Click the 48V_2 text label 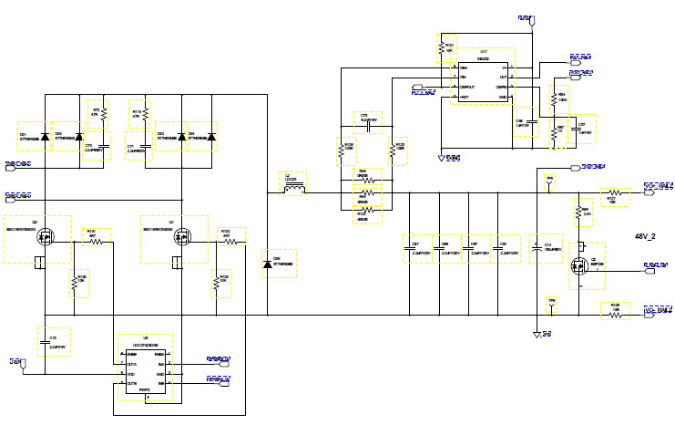(646, 235)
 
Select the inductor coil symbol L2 (295, 188)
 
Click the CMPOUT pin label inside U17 (464, 87)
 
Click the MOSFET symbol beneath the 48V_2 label (578, 264)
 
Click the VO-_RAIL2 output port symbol (659, 311)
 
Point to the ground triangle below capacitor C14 (537, 334)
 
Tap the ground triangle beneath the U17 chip (442, 158)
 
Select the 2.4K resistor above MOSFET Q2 (578, 214)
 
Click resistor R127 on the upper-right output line (616, 192)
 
